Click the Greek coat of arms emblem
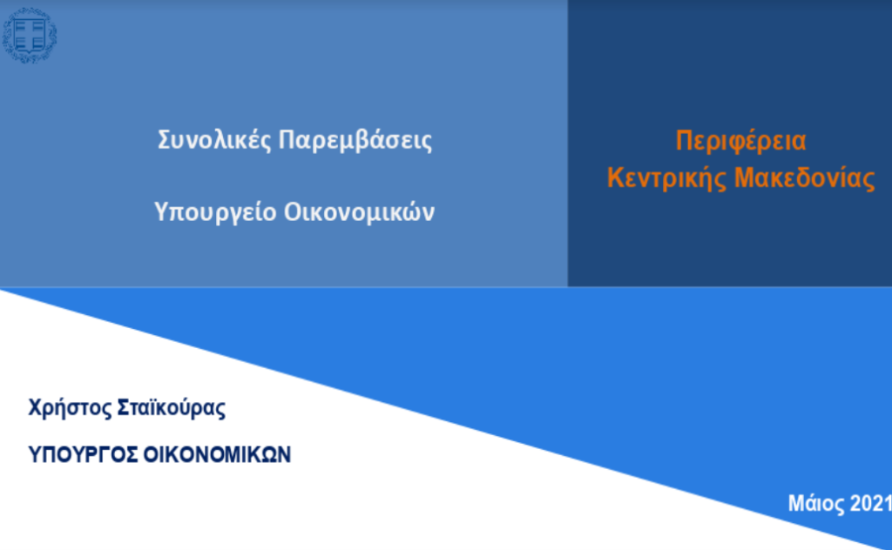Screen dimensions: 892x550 30,35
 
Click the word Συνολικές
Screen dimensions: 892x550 214,140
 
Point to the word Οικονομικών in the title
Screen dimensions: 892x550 359,212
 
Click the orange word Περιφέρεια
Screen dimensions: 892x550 740,141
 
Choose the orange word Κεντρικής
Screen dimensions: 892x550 666,178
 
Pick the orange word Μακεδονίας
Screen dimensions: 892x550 804,178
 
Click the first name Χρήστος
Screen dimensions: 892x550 70,408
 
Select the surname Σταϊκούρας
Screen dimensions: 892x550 172,408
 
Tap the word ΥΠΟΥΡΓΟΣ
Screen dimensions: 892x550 83,454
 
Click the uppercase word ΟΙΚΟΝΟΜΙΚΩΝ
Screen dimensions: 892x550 217,454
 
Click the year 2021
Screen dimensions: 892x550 870,503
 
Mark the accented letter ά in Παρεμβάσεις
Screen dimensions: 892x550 373,140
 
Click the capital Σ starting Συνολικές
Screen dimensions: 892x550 164,140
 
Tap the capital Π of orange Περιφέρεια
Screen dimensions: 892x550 683,140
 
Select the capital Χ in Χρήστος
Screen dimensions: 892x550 35,407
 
